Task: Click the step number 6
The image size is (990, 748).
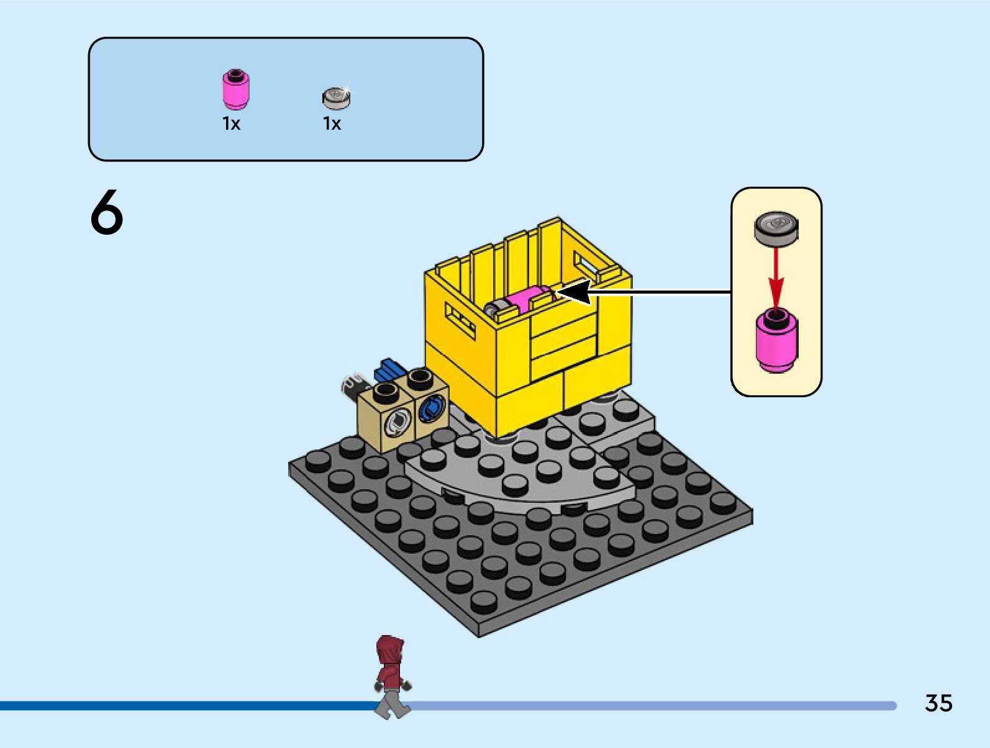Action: click(107, 212)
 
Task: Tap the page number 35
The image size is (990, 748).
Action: click(938, 703)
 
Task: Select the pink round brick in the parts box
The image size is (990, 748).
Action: click(236, 89)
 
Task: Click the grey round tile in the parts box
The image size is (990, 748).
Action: click(336, 97)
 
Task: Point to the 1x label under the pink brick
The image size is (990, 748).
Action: click(231, 124)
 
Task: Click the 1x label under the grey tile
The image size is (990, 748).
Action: click(332, 124)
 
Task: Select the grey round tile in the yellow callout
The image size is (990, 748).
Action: click(776, 228)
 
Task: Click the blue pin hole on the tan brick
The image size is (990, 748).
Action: click(431, 410)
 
